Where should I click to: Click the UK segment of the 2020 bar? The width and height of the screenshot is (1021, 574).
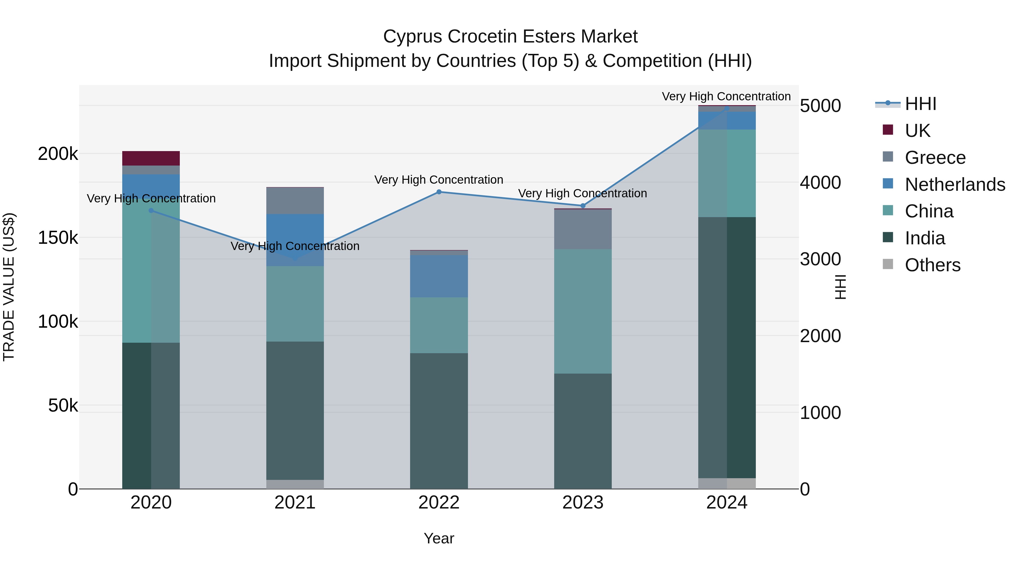coord(151,158)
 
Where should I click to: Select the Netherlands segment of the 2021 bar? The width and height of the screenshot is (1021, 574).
coord(295,240)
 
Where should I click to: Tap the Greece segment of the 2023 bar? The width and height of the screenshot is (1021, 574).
coord(583,229)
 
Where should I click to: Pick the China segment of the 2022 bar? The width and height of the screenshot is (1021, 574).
coord(439,325)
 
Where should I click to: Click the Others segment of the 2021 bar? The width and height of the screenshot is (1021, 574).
coord(295,484)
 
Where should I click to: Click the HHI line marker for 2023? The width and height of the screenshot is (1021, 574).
coord(583,206)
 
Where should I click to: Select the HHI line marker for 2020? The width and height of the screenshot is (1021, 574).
coord(151,211)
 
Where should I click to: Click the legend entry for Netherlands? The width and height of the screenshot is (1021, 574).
coord(954,185)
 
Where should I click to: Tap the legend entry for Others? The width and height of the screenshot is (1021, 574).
coord(932,265)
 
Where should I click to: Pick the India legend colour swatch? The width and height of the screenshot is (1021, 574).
coord(888,238)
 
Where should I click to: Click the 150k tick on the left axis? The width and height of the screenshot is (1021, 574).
coord(58,238)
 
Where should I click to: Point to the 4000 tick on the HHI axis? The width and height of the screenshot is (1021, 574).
coord(820,183)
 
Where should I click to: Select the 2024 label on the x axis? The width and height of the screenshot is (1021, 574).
coord(727,503)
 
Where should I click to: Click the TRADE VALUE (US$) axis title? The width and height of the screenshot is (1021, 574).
coord(9,287)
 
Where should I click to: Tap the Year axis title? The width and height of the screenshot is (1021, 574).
coord(439,538)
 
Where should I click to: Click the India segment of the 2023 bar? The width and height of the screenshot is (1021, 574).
coord(583,431)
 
